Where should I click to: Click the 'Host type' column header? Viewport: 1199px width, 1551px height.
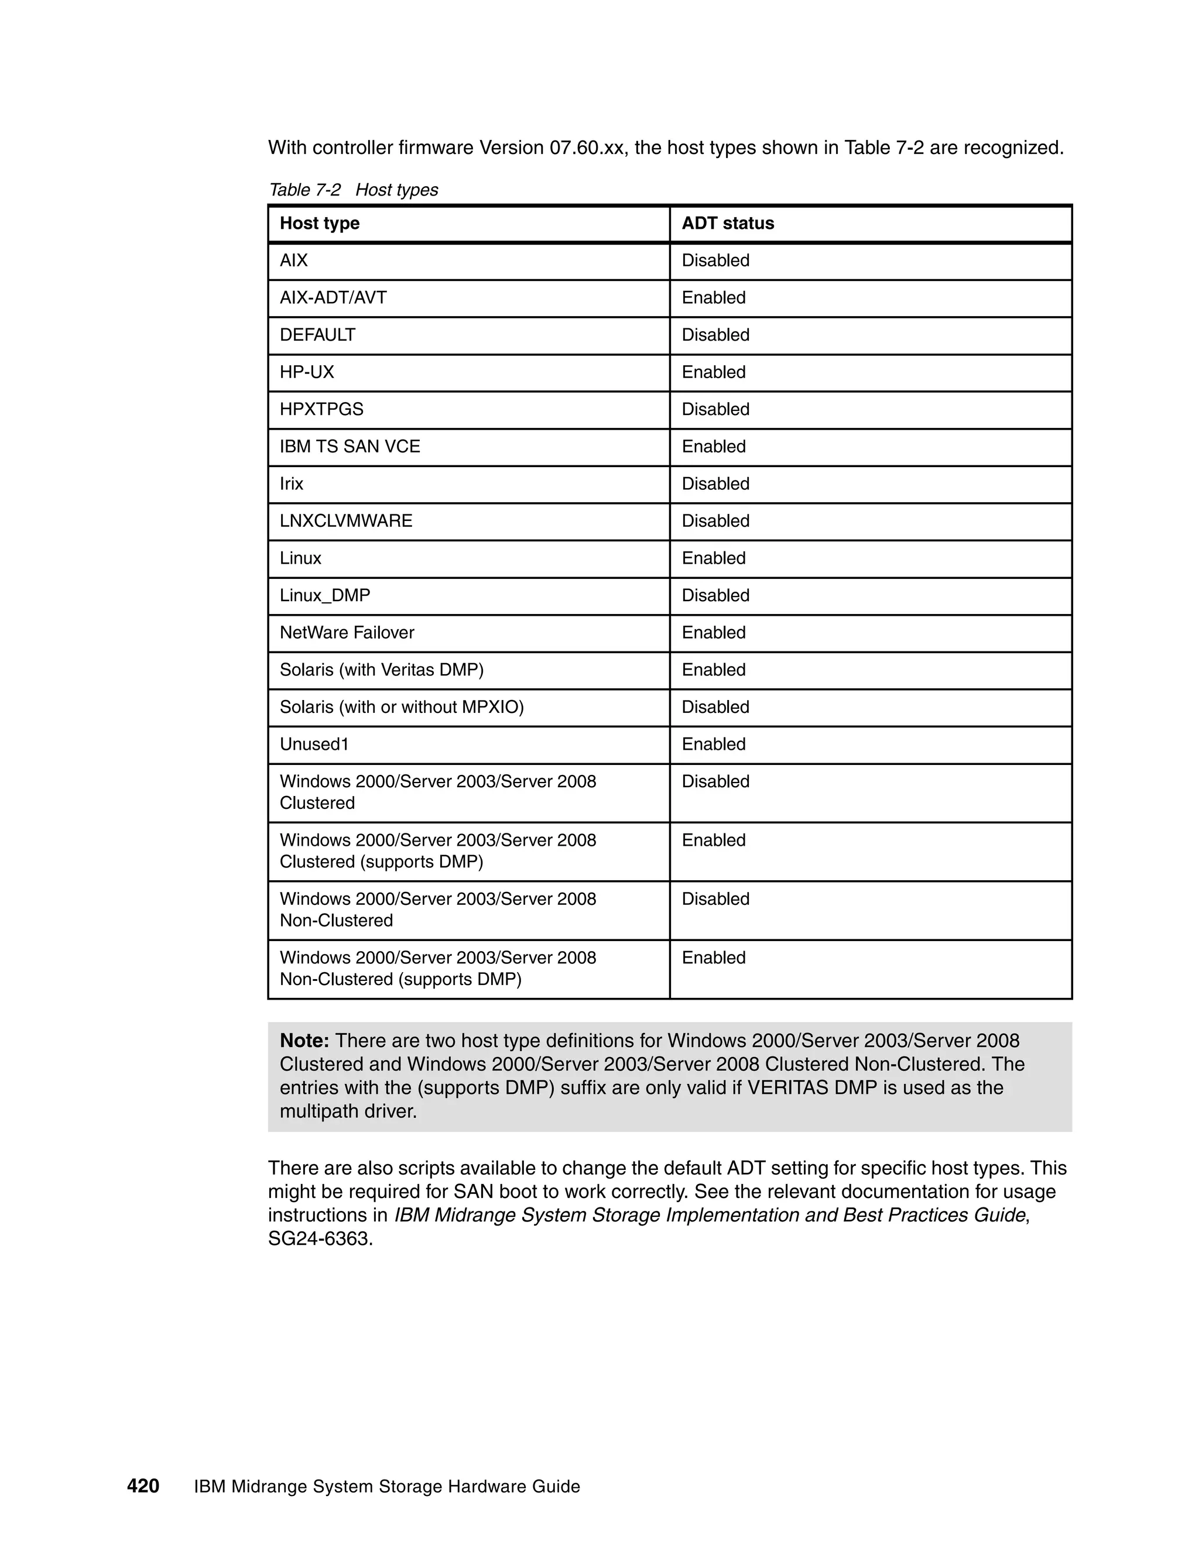pos(320,223)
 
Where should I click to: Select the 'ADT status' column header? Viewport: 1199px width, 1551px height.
pos(727,223)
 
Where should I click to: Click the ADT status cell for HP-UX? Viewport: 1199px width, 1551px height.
pos(713,372)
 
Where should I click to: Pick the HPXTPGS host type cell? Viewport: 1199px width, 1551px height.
pos(322,409)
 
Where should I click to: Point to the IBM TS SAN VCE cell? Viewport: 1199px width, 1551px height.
pos(350,447)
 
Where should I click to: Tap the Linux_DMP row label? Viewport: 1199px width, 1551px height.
pos(324,595)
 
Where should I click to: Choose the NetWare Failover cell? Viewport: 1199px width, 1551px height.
pos(347,633)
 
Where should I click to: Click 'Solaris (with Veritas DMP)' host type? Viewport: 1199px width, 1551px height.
pos(382,670)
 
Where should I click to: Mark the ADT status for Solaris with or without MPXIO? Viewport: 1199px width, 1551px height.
pos(715,708)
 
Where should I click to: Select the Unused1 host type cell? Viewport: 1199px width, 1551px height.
pos(314,744)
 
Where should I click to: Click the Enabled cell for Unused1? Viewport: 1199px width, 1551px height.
pos(713,744)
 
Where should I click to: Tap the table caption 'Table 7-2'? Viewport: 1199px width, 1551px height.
pos(304,190)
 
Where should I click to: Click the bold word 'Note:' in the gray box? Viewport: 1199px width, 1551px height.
pos(304,1041)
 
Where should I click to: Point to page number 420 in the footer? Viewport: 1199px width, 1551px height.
pos(143,1487)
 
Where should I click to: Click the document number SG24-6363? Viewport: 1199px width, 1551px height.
pos(320,1239)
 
